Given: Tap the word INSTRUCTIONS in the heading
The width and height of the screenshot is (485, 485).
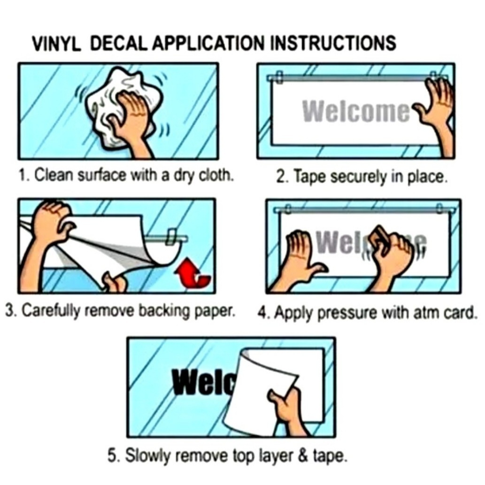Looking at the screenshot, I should [333, 43].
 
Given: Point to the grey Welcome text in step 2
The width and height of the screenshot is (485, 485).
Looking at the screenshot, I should [356, 111].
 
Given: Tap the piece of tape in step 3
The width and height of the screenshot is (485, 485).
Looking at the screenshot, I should [172, 237].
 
